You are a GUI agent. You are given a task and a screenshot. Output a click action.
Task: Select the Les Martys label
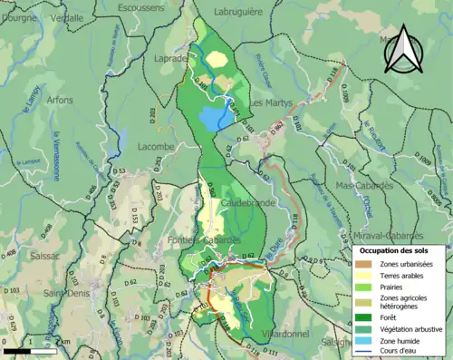click(271, 103)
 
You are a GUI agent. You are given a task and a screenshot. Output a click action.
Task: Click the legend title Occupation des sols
click(396, 249)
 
